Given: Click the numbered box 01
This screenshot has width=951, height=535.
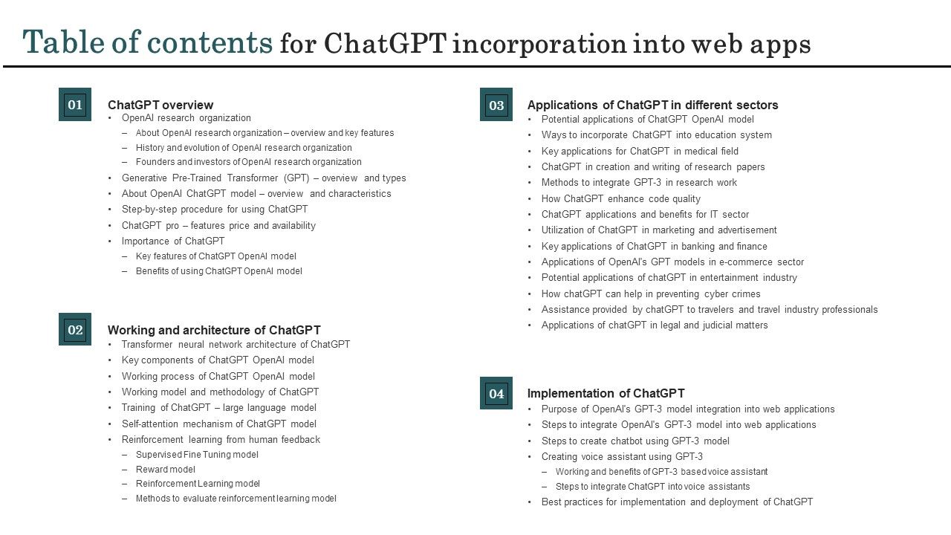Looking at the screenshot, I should [x=75, y=104].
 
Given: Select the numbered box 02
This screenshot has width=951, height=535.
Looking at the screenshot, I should [x=75, y=329].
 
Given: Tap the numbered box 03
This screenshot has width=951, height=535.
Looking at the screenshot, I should [x=496, y=105].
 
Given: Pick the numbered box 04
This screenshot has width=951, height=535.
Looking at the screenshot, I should [x=496, y=393].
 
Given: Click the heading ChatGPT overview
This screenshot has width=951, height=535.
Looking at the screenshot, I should [x=160, y=105].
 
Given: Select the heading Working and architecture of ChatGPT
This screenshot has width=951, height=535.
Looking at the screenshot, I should [x=214, y=330].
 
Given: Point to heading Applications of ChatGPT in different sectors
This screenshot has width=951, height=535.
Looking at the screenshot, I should [x=652, y=105].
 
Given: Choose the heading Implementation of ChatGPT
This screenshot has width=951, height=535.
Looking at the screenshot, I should [x=606, y=393].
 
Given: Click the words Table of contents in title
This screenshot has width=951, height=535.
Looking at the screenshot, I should [x=148, y=43].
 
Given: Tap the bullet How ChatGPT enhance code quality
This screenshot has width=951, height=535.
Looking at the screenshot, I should [x=620, y=198].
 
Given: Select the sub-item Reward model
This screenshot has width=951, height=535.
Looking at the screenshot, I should [x=166, y=469].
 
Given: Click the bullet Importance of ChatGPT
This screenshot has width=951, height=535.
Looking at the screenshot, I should [x=173, y=241].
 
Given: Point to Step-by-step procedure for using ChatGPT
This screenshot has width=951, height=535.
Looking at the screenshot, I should [x=215, y=209].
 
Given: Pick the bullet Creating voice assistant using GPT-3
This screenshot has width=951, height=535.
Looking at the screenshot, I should [x=622, y=456].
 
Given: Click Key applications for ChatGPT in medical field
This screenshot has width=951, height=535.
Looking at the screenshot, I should [x=640, y=151].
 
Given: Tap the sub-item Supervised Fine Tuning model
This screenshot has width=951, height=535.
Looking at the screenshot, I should [x=197, y=454].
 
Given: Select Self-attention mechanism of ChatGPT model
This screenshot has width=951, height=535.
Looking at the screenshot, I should [x=219, y=424].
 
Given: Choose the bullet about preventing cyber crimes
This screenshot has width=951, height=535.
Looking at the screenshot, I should [x=651, y=294].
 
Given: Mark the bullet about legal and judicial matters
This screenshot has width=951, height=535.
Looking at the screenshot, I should [x=655, y=325].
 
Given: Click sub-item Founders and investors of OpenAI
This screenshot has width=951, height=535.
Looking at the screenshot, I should [x=248, y=161].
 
